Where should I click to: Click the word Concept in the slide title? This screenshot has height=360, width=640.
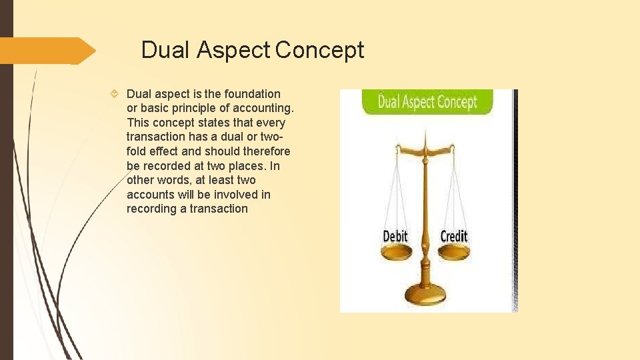tap(319, 50)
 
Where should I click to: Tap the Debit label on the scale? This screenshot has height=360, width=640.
tap(395, 237)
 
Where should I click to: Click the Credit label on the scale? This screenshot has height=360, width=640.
tap(454, 237)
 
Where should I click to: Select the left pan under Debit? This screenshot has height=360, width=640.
tap(397, 251)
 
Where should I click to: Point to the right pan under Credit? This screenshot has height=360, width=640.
tap(453, 251)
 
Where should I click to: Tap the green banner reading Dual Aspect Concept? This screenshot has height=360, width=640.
tap(427, 102)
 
